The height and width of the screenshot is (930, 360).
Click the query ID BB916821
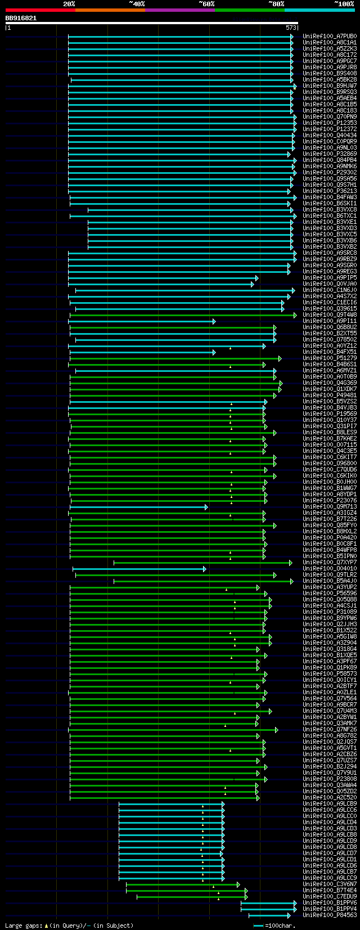[21, 18]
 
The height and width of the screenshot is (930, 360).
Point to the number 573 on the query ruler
[291, 28]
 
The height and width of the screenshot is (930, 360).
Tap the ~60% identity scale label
[206, 4]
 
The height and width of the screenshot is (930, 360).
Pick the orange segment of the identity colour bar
[110, 10]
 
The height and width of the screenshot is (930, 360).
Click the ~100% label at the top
[344, 4]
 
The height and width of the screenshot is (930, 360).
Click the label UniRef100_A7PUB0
[330, 37]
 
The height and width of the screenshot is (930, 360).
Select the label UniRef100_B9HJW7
[330, 86]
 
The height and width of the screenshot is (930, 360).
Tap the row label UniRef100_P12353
[330, 123]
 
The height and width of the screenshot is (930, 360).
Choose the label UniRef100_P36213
[330, 191]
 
